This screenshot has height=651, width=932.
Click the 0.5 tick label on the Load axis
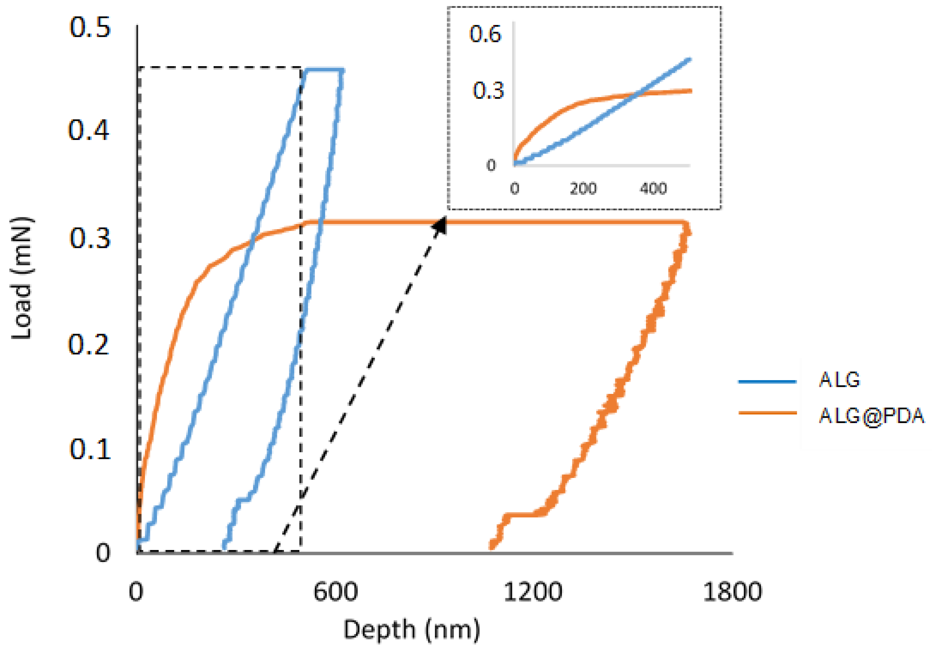(x=90, y=27)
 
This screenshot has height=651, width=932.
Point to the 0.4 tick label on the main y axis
(x=89, y=131)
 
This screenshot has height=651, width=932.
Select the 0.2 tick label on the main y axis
(x=89, y=345)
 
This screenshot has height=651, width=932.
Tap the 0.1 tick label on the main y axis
(x=90, y=449)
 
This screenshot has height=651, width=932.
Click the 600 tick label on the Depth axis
(x=335, y=592)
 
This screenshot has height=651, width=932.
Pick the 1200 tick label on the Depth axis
(x=533, y=592)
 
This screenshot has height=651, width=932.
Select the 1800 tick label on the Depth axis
(x=732, y=592)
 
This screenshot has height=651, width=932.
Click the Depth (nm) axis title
(x=412, y=630)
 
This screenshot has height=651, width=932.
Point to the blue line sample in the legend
(x=767, y=382)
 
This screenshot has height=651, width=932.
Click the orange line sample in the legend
(x=767, y=413)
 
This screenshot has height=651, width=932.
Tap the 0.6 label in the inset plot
(x=485, y=34)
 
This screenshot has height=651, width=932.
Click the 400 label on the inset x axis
(x=653, y=189)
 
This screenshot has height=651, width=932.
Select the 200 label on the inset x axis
(x=583, y=189)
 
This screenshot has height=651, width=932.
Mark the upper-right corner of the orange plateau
(x=685, y=223)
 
